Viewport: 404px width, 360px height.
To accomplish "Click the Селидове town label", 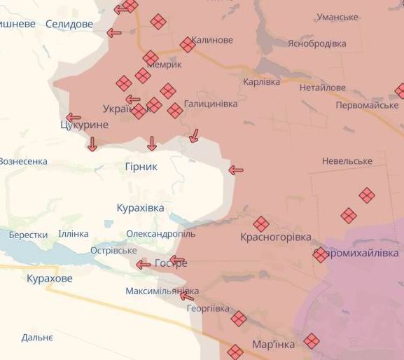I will pos(69,24).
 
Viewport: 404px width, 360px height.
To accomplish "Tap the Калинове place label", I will pos(212,40).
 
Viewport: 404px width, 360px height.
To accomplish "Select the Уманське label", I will pos(337,17).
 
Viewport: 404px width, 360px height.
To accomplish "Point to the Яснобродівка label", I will pos(316,43).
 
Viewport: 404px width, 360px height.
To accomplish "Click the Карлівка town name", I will pos(260,82).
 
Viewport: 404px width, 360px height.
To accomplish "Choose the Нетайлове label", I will pos(322,88).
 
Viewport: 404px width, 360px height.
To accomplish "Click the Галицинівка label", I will pos(210,104).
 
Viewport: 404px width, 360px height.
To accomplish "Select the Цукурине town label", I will pos(84,125).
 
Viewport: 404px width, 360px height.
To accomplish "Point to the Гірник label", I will pos(141,167).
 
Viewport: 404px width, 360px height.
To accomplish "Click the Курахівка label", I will pos(140,208).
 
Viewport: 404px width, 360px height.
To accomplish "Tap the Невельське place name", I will pos(347,161).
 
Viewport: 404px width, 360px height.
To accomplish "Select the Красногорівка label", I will pos(275,237).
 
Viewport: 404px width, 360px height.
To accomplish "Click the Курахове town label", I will pos(49,279).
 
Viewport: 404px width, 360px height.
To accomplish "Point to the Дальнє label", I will pos(37,337).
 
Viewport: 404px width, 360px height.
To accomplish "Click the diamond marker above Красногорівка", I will pos(261,224).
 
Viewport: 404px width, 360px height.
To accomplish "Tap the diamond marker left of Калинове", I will pos(188,45).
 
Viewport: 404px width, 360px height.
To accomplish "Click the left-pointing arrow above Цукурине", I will pos(73,117).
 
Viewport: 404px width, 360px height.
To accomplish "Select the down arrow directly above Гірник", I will pos(152,144).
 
